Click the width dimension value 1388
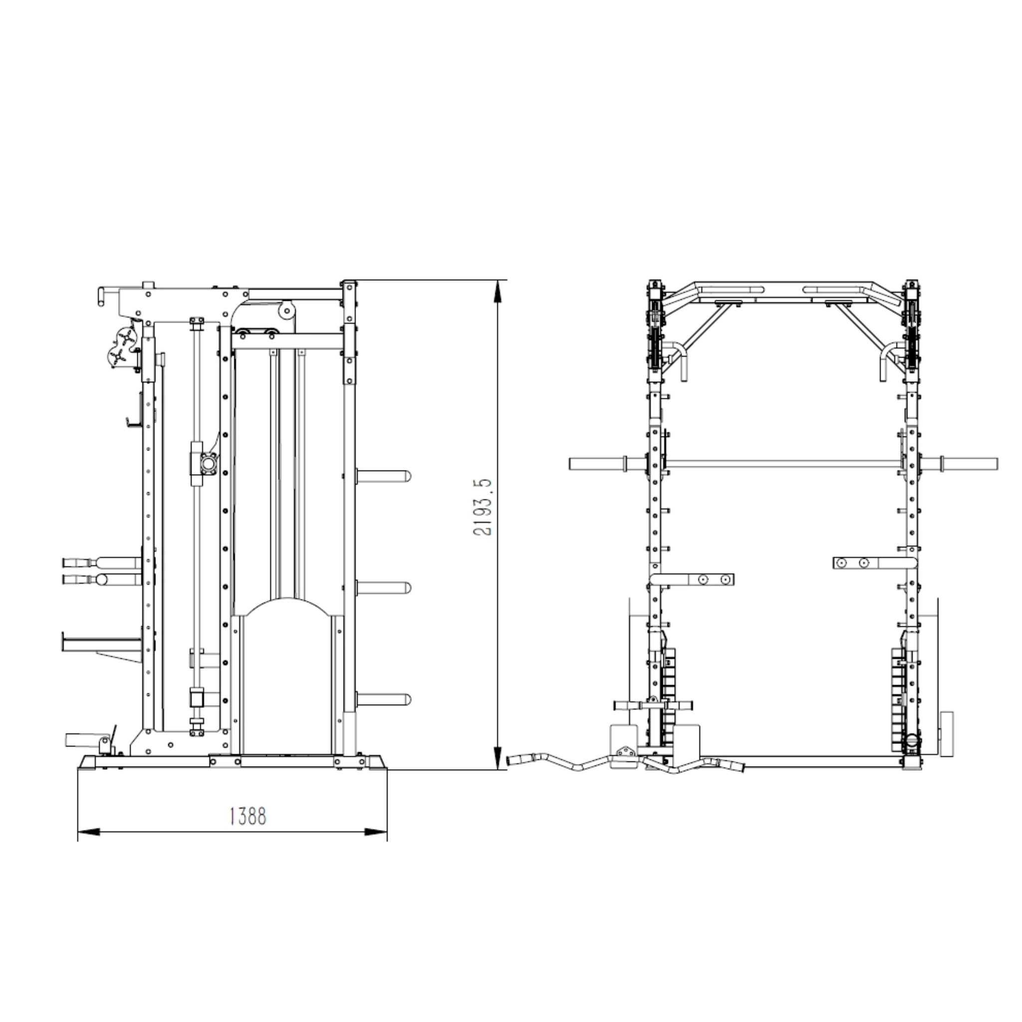coord(248,816)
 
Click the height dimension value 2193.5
coord(483,508)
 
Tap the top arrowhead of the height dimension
coord(497,291)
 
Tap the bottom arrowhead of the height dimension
coord(497,759)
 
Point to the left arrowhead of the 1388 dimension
coord(89,832)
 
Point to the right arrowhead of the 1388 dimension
coord(376,832)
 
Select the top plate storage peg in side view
coord(383,476)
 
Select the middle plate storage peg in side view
coord(383,588)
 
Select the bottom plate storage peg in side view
coord(383,699)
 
